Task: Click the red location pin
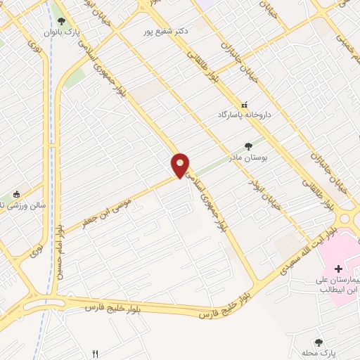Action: [181, 165]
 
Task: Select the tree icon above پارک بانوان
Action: [63, 22]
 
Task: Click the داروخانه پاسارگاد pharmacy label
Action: [245, 113]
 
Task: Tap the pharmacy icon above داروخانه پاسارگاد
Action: [245, 103]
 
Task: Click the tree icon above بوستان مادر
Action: [247, 147]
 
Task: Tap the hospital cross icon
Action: [338, 269]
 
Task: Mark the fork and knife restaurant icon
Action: [96, 354]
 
